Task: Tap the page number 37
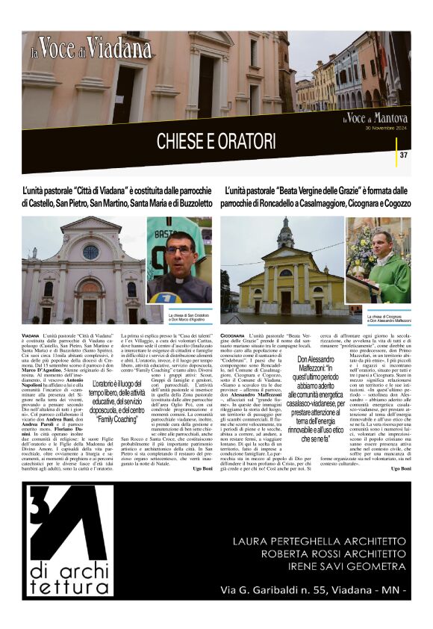pos(404,155)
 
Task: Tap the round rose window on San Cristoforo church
pos(90,252)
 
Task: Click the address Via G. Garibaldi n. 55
pos(314,589)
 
